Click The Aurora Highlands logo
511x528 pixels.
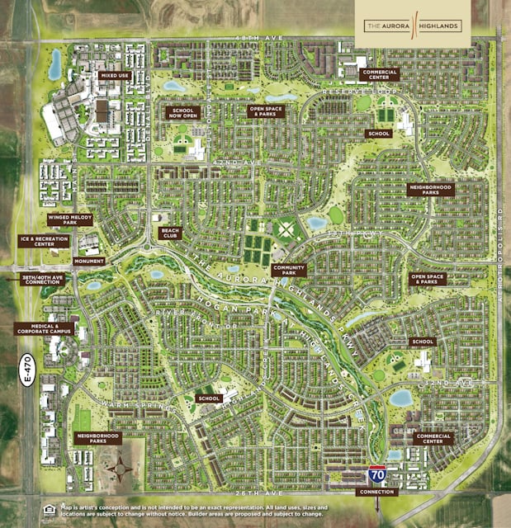coord(413,26)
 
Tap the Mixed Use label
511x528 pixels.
coord(115,75)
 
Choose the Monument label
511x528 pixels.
coord(88,261)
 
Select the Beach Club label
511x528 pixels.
coord(170,233)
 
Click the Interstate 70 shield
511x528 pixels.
coord(376,475)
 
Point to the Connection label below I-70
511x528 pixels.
coord(376,492)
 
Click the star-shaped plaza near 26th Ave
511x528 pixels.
coord(121,469)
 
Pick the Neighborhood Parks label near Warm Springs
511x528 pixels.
coord(97,438)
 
